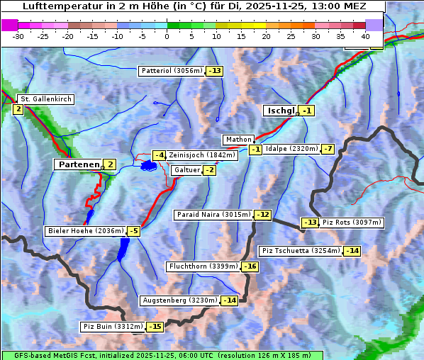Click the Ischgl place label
tap(281, 111)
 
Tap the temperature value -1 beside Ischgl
tap(306, 111)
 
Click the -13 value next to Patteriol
tap(214, 71)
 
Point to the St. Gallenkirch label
tap(45, 99)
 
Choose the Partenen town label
tap(78, 164)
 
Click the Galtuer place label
tap(186, 170)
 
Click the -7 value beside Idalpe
tap(327, 149)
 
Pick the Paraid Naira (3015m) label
tap(213, 215)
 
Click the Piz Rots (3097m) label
tap(352, 223)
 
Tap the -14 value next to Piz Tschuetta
tap(352, 251)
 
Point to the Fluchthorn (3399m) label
tap(203, 266)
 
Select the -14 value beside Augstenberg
tap(229, 300)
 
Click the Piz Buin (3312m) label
tap(113, 327)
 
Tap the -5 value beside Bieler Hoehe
tap(133, 231)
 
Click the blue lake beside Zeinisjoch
tap(148, 165)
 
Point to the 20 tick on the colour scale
tap(266, 35)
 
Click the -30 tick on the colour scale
tap(18, 35)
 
